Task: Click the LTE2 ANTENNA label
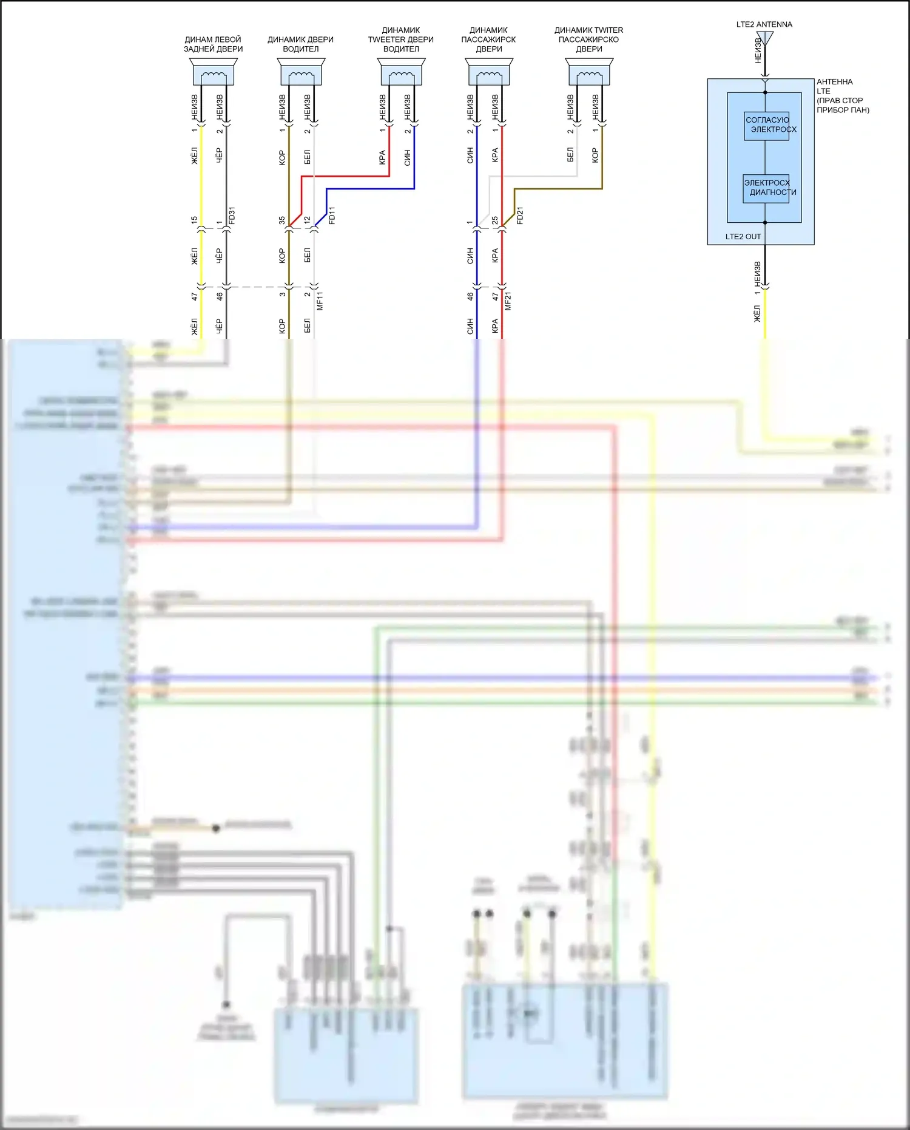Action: click(x=764, y=24)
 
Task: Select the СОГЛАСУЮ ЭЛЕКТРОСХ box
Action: click(x=767, y=125)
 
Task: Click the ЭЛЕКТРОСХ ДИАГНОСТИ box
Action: click(x=766, y=188)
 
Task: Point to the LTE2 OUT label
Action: click(x=743, y=237)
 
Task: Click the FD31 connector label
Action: click(x=232, y=216)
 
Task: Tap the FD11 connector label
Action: click(x=332, y=216)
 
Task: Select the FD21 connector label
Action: click(x=520, y=216)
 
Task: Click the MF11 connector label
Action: click(x=320, y=301)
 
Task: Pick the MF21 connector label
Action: click(x=508, y=301)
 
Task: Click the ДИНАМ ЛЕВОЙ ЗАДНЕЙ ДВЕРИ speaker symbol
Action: click(x=214, y=72)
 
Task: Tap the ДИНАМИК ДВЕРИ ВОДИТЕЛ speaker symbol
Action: click(x=301, y=72)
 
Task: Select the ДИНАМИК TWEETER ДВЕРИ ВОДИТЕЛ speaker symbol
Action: click(x=401, y=72)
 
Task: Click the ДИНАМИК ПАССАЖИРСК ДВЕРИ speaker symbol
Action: click(x=489, y=72)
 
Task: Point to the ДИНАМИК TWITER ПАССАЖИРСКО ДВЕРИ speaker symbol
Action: click(x=589, y=72)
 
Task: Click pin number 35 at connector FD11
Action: click(x=282, y=220)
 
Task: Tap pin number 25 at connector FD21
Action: click(x=495, y=220)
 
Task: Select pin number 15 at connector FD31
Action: click(x=194, y=220)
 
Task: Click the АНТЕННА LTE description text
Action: click(x=842, y=96)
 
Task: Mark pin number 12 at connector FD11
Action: click(x=307, y=220)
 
